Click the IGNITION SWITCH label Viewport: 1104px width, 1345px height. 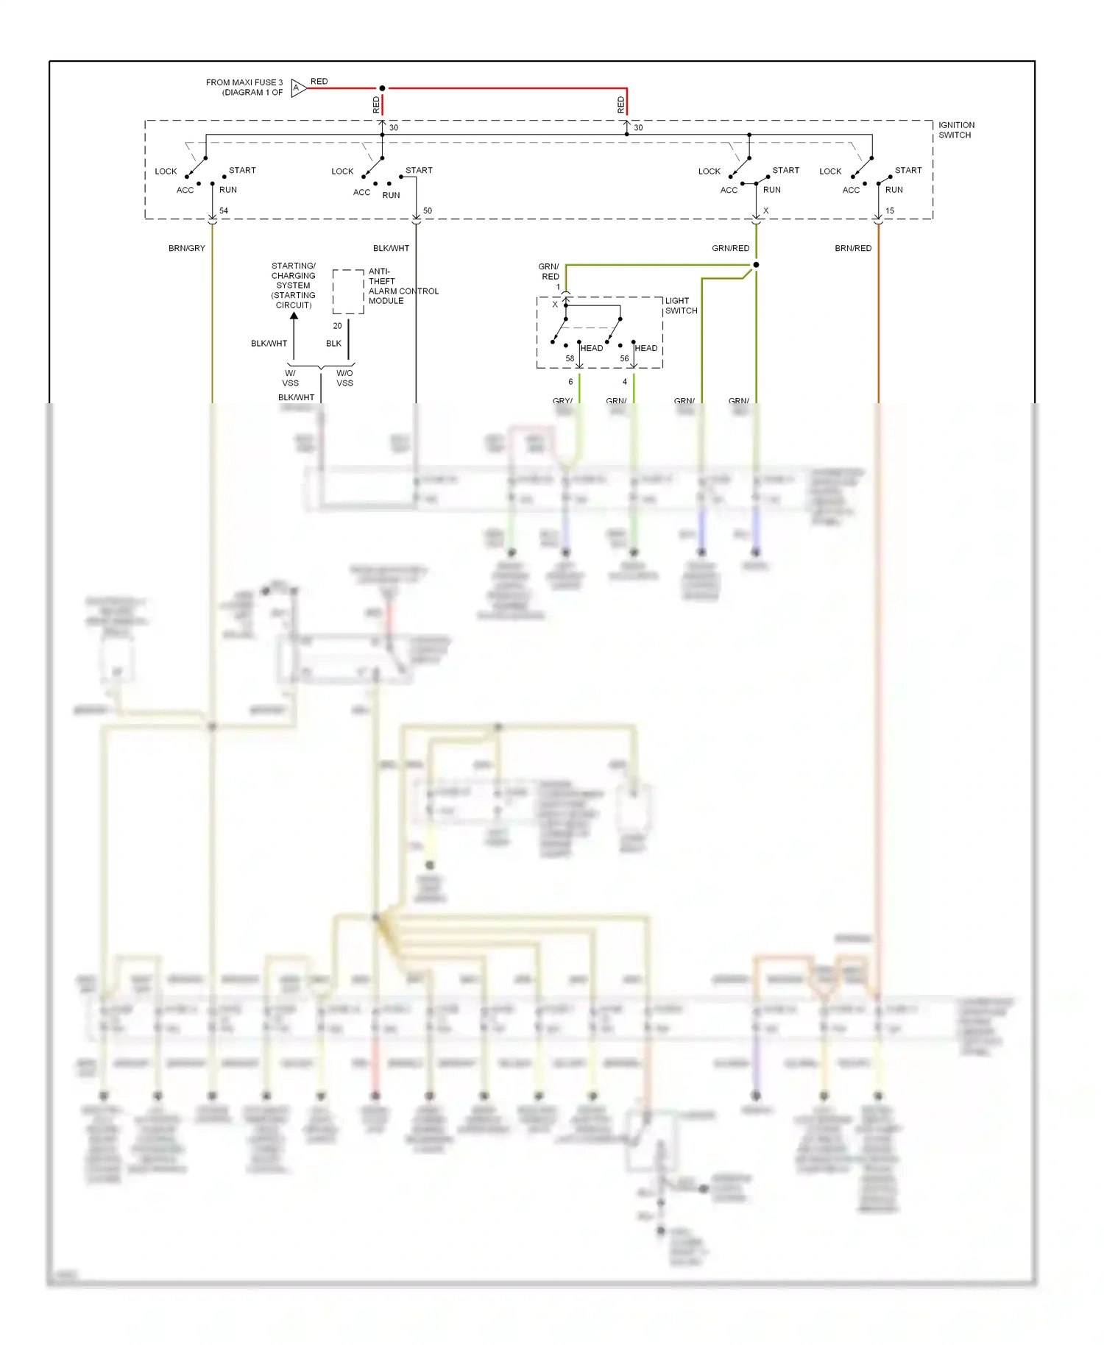tap(955, 130)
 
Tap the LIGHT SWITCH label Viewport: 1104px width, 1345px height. tap(681, 305)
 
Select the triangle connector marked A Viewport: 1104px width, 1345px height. tap(297, 88)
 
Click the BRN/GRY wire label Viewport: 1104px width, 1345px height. tap(186, 248)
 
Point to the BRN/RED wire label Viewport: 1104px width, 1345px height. tap(852, 248)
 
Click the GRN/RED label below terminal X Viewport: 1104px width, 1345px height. tap(730, 248)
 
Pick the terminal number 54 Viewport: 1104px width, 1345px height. tap(224, 210)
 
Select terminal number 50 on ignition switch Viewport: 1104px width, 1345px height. tap(428, 210)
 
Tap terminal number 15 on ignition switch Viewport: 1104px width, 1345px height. tap(889, 210)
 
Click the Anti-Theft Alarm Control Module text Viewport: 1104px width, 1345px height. tap(402, 286)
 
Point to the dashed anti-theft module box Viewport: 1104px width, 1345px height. tap(348, 292)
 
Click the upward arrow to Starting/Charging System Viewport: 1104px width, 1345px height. tap(294, 316)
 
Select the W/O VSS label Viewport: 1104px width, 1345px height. tap(344, 378)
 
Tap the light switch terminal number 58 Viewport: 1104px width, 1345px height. tap(570, 358)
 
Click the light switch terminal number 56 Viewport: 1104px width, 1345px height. tap(624, 358)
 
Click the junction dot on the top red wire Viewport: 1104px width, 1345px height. tap(382, 88)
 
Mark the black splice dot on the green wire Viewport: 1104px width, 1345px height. tap(756, 265)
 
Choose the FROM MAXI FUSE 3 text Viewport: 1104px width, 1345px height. tap(244, 88)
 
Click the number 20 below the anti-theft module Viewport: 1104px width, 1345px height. tap(337, 325)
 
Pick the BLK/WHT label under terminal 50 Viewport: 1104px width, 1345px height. tap(391, 248)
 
